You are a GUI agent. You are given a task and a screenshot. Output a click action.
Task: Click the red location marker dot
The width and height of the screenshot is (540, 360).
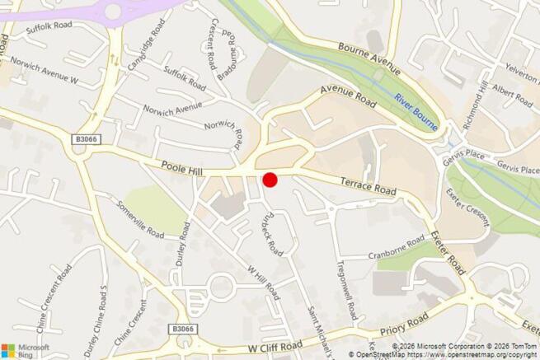270,180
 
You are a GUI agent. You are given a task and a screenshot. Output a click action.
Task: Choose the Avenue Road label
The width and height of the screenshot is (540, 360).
348,96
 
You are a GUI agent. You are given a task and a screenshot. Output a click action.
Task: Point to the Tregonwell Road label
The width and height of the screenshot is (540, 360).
346,289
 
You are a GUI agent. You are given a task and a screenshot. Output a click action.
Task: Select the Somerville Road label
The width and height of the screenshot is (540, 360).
140,217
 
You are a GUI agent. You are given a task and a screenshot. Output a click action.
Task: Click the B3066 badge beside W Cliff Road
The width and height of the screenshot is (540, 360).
184,329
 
